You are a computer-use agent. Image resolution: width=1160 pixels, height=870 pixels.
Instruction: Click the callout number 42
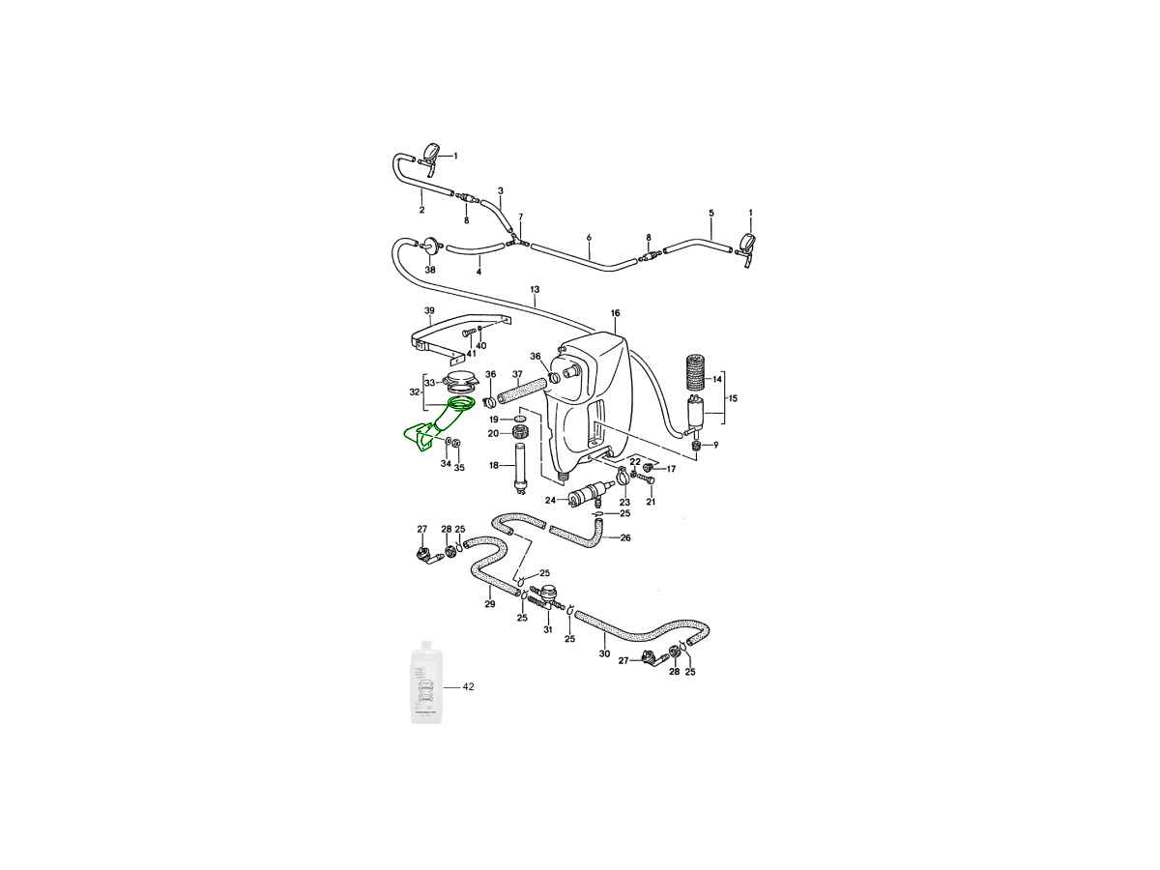(468, 687)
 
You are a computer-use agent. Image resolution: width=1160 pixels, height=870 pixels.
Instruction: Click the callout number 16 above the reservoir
(615, 313)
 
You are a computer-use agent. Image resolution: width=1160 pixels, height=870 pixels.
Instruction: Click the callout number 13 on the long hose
(535, 289)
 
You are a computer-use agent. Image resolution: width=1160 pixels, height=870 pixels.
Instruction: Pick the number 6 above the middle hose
(588, 237)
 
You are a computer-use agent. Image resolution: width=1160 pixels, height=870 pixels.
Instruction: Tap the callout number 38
(430, 270)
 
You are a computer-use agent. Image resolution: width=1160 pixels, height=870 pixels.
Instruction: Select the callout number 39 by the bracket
(429, 310)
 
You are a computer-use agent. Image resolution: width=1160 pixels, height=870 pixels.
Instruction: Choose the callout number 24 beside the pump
(550, 500)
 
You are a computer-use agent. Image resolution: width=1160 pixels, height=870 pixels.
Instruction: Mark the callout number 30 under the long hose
(604, 653)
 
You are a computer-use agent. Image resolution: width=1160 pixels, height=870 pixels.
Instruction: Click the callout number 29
(490, 604)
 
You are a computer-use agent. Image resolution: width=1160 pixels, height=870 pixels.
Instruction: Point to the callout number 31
(547, 629)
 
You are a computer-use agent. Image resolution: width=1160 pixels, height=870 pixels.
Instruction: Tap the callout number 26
(625, 537)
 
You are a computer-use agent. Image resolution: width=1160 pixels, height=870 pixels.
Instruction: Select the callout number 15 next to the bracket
(732, 398)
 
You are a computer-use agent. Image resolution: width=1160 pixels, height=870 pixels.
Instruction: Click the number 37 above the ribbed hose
(517, 374)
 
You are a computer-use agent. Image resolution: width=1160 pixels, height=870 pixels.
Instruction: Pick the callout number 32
(415, 392)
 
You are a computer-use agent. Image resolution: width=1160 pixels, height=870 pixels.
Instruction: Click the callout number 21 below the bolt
(651, 502)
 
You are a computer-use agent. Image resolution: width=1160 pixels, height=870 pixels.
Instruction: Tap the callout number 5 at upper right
(710, 213)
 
